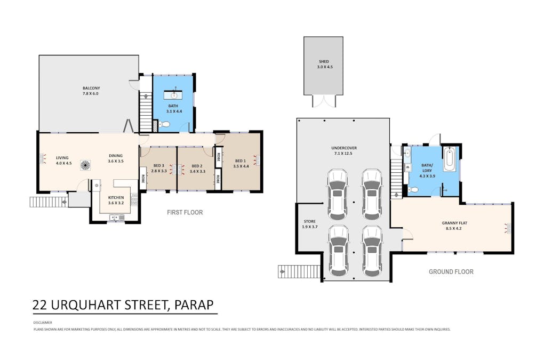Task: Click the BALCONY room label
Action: click(x=91, y=88)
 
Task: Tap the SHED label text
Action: click(x=324, y=61)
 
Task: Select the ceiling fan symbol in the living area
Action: click(x=85, y=165)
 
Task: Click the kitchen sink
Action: click(x=117, y=218)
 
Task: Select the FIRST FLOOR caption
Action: click(x=185, y=212)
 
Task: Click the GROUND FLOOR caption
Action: click(x=451, y=272)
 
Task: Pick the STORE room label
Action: click(x=310, y=221)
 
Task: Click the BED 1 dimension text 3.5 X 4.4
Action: click(x=241, y=166)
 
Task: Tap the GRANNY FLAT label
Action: click(x=454, y=223)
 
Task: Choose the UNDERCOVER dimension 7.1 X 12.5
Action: click(x=344, y=154)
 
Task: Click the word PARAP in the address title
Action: click(x=194, y=305)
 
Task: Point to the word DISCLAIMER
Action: click(x=43, y=322)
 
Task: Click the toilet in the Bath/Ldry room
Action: click(x=413, y=190)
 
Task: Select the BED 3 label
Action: click(x=159, y=166)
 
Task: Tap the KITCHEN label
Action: click(x=116, y=198)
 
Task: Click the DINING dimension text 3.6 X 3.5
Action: click(x=116, y=161)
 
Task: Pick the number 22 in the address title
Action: click(x=39, y=305)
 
